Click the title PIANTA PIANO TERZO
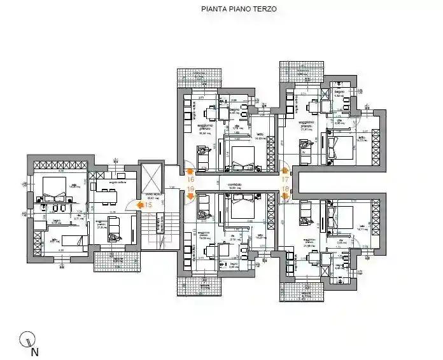239,10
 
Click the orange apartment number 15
148,205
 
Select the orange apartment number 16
189,180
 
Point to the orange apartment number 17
285,180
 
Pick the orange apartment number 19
189,190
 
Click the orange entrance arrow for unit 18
283,197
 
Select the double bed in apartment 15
51,187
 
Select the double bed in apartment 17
339,146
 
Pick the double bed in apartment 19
242,205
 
